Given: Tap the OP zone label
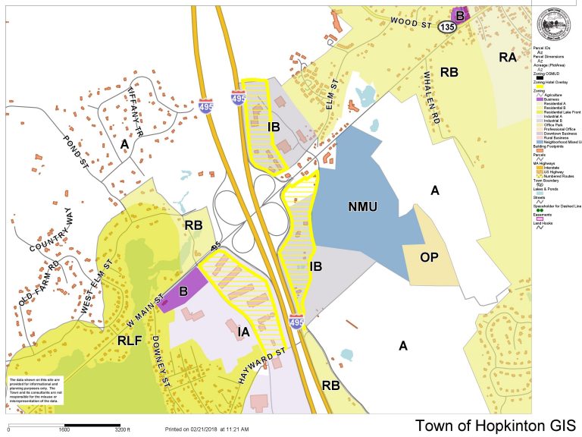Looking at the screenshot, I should (427, 257).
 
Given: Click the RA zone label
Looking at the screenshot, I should (508, 57).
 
